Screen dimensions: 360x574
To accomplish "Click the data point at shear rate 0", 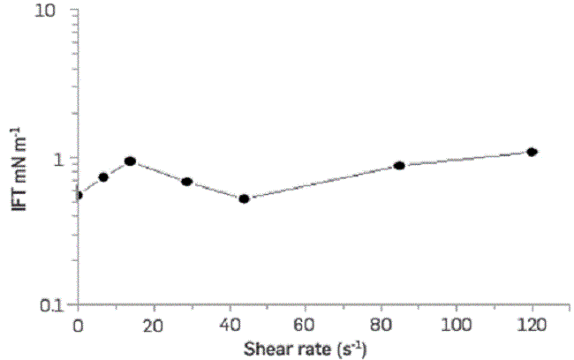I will click(x=78, y=195).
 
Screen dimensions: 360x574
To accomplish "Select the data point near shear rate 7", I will click(x=103, y=176).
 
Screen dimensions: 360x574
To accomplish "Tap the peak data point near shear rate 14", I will click(x=130, y=161).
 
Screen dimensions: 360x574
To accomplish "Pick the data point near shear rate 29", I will click(x=187, y=182).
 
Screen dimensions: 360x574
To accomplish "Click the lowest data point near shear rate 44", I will click(x=245, y=199).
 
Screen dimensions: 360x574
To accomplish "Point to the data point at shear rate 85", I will click(x=399, y=165).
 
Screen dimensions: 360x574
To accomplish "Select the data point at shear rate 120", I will click(x=532, y=152).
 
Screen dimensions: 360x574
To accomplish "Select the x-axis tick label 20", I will click(x=154, y=324).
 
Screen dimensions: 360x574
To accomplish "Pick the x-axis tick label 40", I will click(x=230, y=324).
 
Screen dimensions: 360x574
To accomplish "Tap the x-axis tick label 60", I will click(x=306, y=324).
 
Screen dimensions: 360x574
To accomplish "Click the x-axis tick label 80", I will click(x=381, y=324).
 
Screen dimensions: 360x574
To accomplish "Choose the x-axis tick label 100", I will click(x=457, y=324).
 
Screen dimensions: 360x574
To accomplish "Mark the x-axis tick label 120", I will click(x=532, y=324).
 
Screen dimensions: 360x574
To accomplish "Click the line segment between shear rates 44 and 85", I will click(x=322, y=182).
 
